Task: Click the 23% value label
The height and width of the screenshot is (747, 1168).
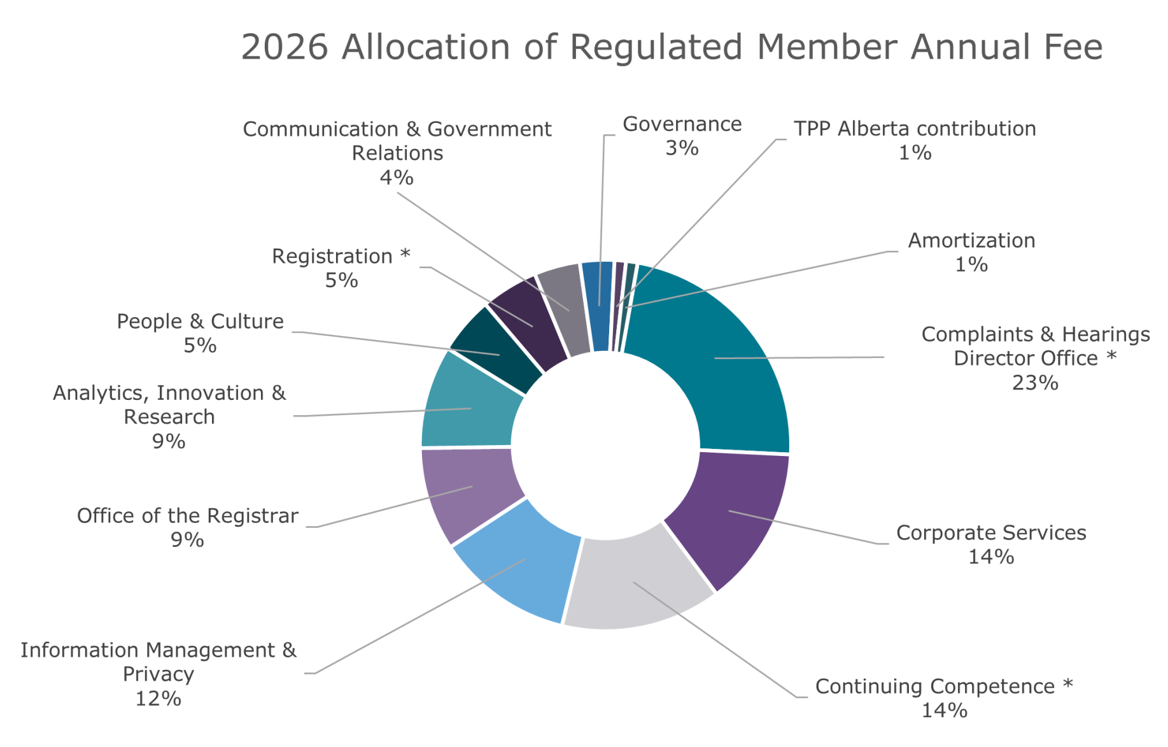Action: click(x=1035, y=383)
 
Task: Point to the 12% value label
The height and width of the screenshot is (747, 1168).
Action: click(x=158, y=699)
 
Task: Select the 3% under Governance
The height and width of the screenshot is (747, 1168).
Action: click(x=682, y=148)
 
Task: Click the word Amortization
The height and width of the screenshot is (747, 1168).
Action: click(x=971, y=241)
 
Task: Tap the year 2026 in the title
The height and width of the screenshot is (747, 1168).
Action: click(x=285, y=47)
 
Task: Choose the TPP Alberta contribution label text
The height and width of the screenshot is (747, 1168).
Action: click(x=915, y=129)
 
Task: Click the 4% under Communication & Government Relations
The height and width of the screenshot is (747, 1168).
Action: click(x=397, y=178)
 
